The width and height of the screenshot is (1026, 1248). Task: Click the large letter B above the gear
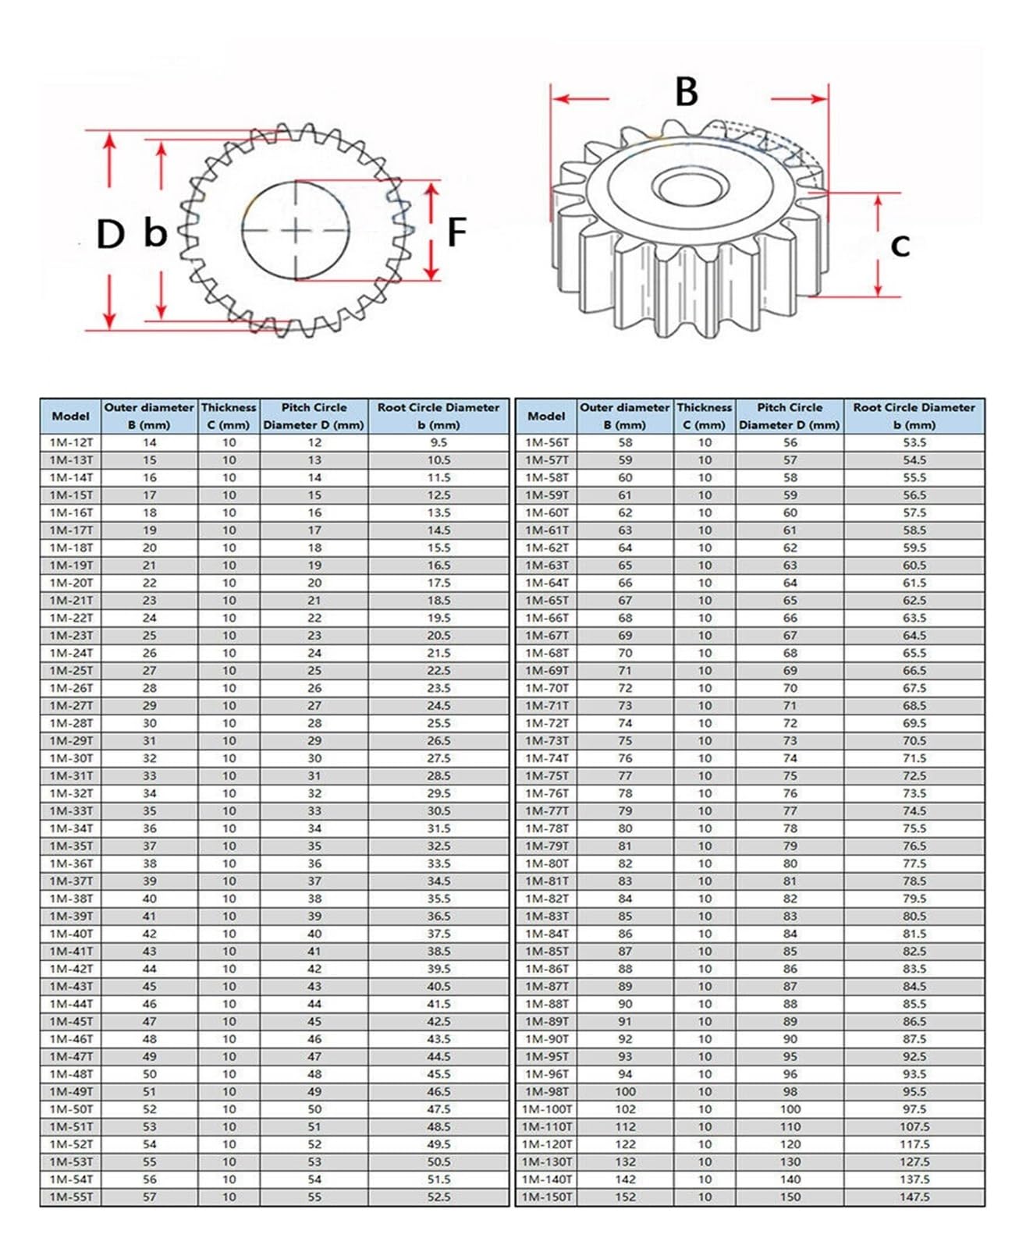(x=686, y=92)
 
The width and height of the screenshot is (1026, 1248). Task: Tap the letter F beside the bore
(x=456, y=232)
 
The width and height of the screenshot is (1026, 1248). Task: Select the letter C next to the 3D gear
(x=900, y=246)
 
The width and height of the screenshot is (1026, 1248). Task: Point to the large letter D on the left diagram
(x=110, y=234)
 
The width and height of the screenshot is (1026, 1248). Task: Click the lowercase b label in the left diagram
(x=155, y=232)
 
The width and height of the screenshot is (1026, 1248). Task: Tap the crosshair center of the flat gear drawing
(x=296, y=231)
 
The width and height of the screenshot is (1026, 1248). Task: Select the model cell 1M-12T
(x=71, y=442)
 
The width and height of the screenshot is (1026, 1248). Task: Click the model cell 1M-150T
(x=547, y=1197)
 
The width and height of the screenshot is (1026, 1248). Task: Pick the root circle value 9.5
(x=438, y=442)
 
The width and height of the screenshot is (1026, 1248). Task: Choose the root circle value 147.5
(x=914, y=1197)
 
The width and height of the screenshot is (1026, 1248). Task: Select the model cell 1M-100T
(x=547, y=1109)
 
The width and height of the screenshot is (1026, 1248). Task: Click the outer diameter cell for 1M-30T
(x=149, y=758)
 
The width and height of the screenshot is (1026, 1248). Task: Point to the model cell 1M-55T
(x=71, y=1197)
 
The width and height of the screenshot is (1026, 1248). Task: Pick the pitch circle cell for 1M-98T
(x=790, y=1091)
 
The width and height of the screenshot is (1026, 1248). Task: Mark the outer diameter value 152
(x=625, y=1197)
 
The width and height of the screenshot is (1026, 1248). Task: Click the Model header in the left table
(x=71, y=416)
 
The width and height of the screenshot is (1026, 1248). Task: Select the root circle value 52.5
(x=438, y=1197)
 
